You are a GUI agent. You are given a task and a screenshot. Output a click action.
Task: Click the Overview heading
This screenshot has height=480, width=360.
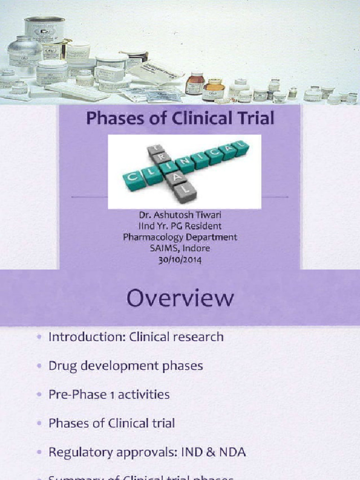(x=180, y=299)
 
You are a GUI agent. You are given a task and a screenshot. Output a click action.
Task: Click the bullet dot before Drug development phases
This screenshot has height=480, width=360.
(x=38, y=366)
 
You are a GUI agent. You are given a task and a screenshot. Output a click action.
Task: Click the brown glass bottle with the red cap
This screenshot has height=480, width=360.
(x=194, y=83)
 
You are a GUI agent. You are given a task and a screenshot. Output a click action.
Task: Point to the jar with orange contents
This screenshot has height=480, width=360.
(x=213, y=89)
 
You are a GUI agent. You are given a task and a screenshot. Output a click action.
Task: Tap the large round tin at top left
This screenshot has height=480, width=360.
(x=45, y=29)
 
